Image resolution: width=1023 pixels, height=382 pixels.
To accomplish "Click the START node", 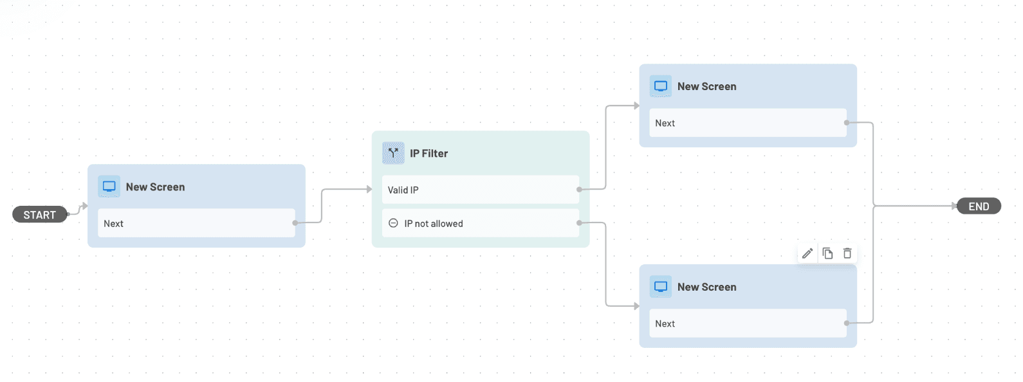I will tap(39, 215).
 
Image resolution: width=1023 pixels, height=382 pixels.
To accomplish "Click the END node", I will tap(978, 206).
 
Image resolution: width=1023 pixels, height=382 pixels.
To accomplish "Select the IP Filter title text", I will tap(429, 154).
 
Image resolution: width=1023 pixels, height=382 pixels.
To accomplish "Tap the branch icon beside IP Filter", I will tap(393, 153).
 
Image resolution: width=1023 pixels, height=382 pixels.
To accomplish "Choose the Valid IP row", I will tap(480, 190).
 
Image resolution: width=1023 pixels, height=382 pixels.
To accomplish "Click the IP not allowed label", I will tap(433, 224).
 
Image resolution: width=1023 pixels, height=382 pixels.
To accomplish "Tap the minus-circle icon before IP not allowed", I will tap(393, 223).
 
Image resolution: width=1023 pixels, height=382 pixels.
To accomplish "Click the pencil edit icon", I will tap(807, 253).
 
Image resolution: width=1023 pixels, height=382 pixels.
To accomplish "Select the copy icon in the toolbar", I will tap(827, 253).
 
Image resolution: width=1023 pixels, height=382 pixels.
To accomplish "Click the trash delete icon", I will tap(847, 253).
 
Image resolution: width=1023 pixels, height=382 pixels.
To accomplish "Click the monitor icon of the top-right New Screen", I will tap(660, 86).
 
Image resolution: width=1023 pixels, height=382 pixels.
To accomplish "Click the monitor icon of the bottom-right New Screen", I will tap(660, 287).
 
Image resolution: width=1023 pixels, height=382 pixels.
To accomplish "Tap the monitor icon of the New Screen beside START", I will tap(109, 186).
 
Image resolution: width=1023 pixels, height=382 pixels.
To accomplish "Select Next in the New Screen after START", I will tap(196, 224).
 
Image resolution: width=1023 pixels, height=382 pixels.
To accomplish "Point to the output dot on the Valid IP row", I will tap(579, 190).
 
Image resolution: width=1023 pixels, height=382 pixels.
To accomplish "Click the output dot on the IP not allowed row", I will tap(579, 223).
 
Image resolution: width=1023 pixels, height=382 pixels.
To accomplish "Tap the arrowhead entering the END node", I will tap(954, 206).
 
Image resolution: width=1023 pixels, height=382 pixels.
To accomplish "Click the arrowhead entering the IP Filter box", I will tap(369, 189).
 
